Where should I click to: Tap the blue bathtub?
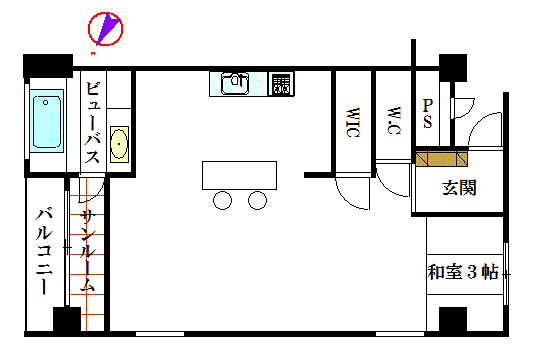[x=46, y=121]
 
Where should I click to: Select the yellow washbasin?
[x=119, y=144]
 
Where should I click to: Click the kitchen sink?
[x=235, y=83]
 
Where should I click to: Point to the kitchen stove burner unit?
[x=281, y=84]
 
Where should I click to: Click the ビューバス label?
[x=93, y=122]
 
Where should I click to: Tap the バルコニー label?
[x=44, y=251]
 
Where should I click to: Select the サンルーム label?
[x=87, y=250]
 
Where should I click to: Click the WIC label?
[x=352, y=122]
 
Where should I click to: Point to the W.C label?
[x=394, y=120]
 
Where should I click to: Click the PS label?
[x=427, y=113]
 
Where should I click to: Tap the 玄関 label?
[x=459, y=188]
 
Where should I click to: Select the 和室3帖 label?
[x=463, y=272]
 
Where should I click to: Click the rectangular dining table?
[x=239, y=175]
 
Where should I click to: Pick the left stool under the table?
[x=222, y=200]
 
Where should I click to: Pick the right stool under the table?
[x=258, y=200]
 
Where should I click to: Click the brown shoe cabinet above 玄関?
[x=442, y=158]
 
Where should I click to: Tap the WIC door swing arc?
[x=346, y=200]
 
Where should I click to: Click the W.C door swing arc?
[x=385, y=187]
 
